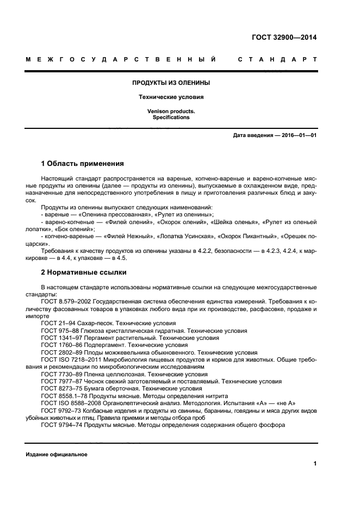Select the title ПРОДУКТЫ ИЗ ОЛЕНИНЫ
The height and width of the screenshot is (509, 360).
171,83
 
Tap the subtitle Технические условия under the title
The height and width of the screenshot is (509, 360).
171,97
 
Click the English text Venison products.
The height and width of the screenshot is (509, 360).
171,111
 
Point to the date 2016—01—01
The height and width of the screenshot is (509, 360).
298,135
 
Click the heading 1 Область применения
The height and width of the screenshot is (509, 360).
83,163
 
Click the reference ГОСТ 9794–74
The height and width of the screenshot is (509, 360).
60,425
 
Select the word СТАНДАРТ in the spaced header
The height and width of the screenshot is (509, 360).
277,59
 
